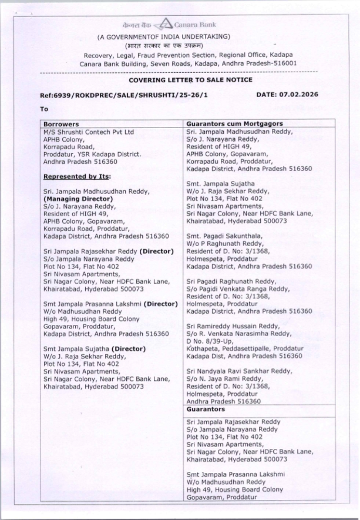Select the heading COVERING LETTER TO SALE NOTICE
click(190, 80)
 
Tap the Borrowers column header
click(61, 124)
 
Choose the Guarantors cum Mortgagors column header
click(234, 124)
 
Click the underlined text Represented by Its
click(77, 176)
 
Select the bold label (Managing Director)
click(78, 199)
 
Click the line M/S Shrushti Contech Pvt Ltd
click(89, 132)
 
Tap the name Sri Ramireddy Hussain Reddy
click(233, 326)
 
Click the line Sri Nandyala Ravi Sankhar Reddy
click(239, 371)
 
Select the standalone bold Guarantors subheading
click(205, 409)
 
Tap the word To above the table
click(44, 109)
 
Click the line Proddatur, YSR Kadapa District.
click(92, 154)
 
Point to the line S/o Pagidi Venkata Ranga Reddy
click(238, 289)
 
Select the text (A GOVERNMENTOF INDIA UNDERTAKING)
click(163, 36)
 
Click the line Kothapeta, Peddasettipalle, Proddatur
click(245, 349)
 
